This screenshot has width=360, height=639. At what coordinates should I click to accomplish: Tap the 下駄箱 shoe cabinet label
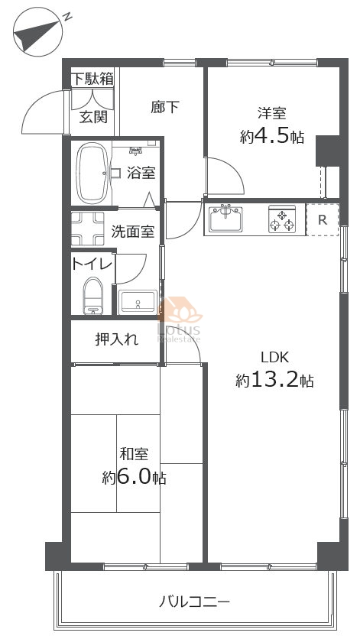[92, 79]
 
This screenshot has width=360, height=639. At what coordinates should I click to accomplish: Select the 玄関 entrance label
[93, 116]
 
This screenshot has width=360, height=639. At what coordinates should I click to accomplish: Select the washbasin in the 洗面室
[138, 302]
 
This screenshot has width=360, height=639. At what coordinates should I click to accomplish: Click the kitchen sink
[225, 219]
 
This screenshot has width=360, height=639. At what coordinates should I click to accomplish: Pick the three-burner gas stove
[282, 219]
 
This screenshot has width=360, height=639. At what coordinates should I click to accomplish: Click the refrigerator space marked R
[323, 219]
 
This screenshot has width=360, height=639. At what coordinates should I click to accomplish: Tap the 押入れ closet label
[117, 339]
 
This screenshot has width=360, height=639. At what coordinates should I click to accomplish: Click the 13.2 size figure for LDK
[274, 380]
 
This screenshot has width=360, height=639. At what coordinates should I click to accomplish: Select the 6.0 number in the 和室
[133, 476]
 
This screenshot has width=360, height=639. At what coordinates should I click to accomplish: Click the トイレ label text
[92, 264]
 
